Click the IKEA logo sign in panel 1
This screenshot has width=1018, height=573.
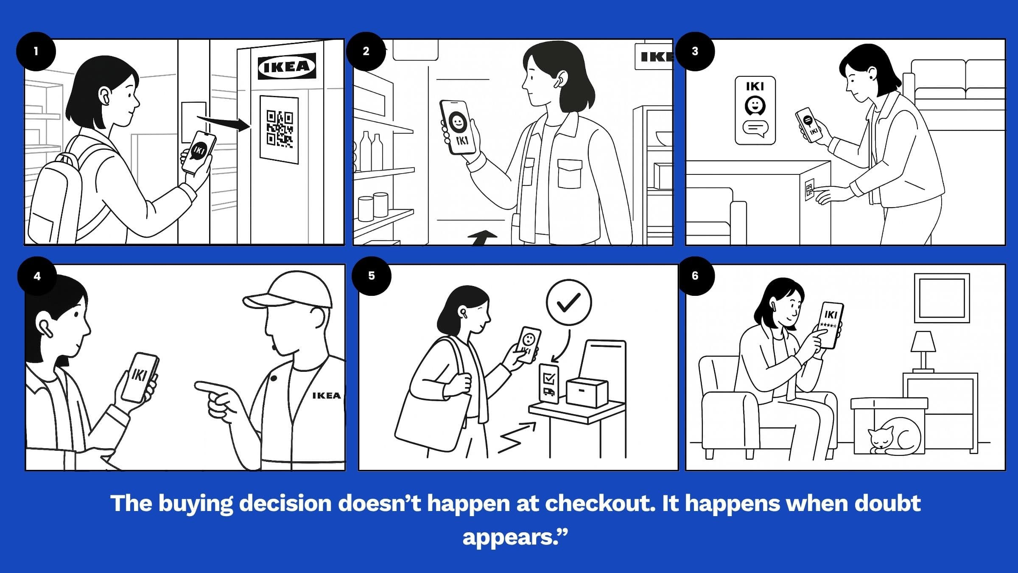(x=287, y=66)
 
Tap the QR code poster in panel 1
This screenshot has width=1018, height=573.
(x=279, y=129)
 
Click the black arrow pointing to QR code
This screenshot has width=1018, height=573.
(x=225, y=123)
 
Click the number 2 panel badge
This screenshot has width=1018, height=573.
(x=366, y=51)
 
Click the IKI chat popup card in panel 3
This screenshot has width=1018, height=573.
(x=755, y=110)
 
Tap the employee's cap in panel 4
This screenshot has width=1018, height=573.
(x=288, y=291)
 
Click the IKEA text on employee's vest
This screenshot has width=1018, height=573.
(x=326, y=396)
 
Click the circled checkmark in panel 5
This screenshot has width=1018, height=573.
(x=568, y=302)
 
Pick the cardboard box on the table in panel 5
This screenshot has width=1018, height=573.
(x=587, y=393)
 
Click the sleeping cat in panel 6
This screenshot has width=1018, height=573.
(x=895, y=437)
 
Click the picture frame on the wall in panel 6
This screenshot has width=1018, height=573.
(x=941, y=298)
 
